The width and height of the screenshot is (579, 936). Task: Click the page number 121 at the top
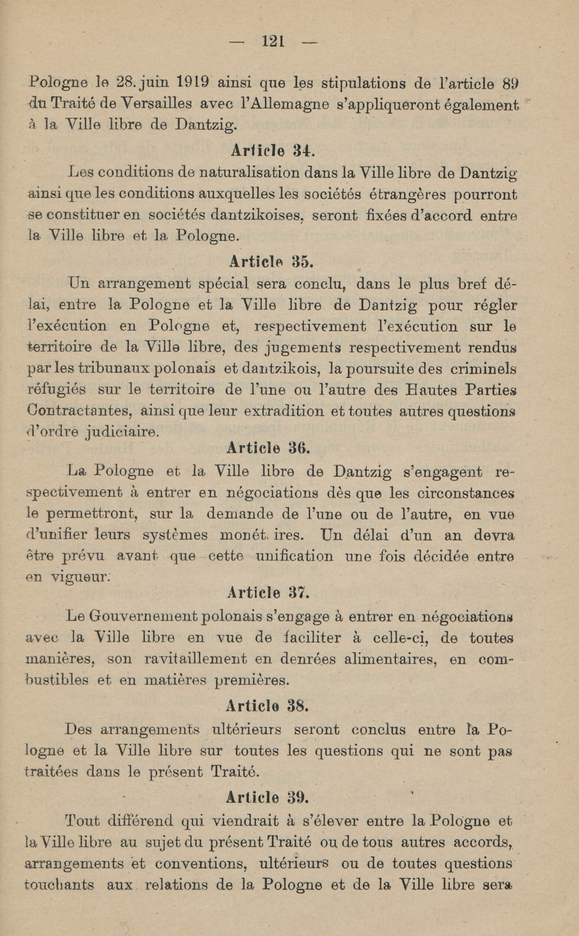pyautogui.click(x=273, y=41)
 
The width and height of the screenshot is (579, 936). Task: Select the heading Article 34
pyautogui.click(x=272, y=151)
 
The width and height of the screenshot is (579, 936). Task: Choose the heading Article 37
pyautogui.click(x=268, y=593)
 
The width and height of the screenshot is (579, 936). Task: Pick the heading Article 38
pyautogui.click(x=267, y=706)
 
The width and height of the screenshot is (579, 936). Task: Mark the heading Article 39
pyautogui.click(x=267, y=797)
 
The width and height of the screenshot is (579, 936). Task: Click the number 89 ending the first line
pyautogui.click(x=509, y=83)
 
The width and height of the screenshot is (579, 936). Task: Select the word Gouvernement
pyautogui.click(x=143, y=616)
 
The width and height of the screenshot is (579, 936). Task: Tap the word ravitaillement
pyautogui.click(x=195, y=659)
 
